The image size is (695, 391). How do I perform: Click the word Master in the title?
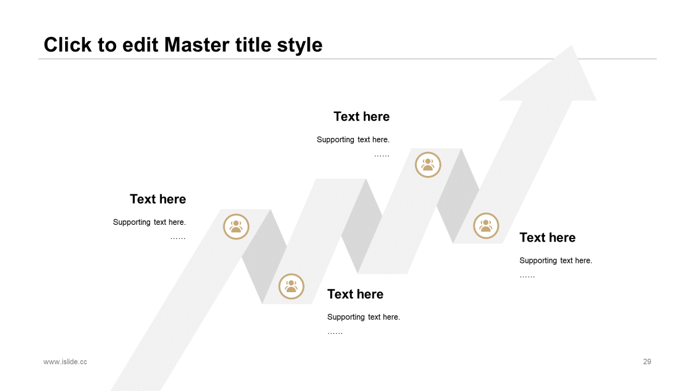coord(197,45)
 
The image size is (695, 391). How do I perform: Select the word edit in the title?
coord(140,45)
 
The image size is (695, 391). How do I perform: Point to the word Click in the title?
coord(68,45)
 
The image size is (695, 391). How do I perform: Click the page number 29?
coord(647,362)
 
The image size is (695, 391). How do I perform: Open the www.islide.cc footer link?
coord(65,362)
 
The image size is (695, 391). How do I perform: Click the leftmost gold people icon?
coord(236,226)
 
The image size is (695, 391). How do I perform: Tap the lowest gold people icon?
coord(291,286)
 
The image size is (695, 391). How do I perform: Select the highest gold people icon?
coord(428,165)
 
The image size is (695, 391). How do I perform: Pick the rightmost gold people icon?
coord(486,225)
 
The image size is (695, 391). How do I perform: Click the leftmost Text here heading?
coord(158,199)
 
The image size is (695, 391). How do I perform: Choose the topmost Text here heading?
coord(362,116)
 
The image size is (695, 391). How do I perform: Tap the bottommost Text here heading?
coord(355,294)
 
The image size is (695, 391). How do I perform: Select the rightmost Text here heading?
coord(548,237)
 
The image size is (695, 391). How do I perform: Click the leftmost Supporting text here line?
coord(149,222)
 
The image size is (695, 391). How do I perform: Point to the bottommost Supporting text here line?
coord(364,317)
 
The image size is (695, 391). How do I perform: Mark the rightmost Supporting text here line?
coord(555,260)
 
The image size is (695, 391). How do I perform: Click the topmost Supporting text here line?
coord(353,140)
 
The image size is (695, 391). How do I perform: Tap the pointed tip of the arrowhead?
coord(572,46)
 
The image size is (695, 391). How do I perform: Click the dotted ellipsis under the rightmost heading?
coord(527,276)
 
